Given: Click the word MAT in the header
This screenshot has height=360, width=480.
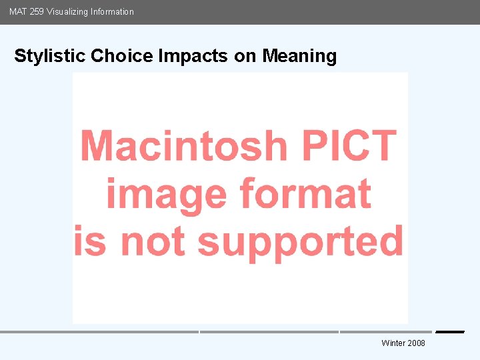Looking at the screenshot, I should [x=18, y=11].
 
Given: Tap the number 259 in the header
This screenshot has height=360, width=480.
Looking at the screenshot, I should [x=37, y=11].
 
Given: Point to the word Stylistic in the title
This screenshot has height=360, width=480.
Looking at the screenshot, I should [x=50, y=56].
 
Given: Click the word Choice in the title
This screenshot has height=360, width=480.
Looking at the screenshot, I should [x=123, y=56].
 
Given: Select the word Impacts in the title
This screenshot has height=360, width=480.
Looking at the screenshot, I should [x=193, y=56].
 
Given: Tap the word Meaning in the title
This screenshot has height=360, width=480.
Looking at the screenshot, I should [x=299, y=56].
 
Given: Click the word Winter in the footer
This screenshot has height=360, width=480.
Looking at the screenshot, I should [x=393, y=343].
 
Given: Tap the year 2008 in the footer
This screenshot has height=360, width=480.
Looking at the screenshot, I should [x=416, y=343].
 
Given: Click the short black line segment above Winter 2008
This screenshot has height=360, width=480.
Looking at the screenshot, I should [x=450, y=332].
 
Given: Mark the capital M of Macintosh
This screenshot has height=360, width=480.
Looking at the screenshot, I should [x=97, y=145].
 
